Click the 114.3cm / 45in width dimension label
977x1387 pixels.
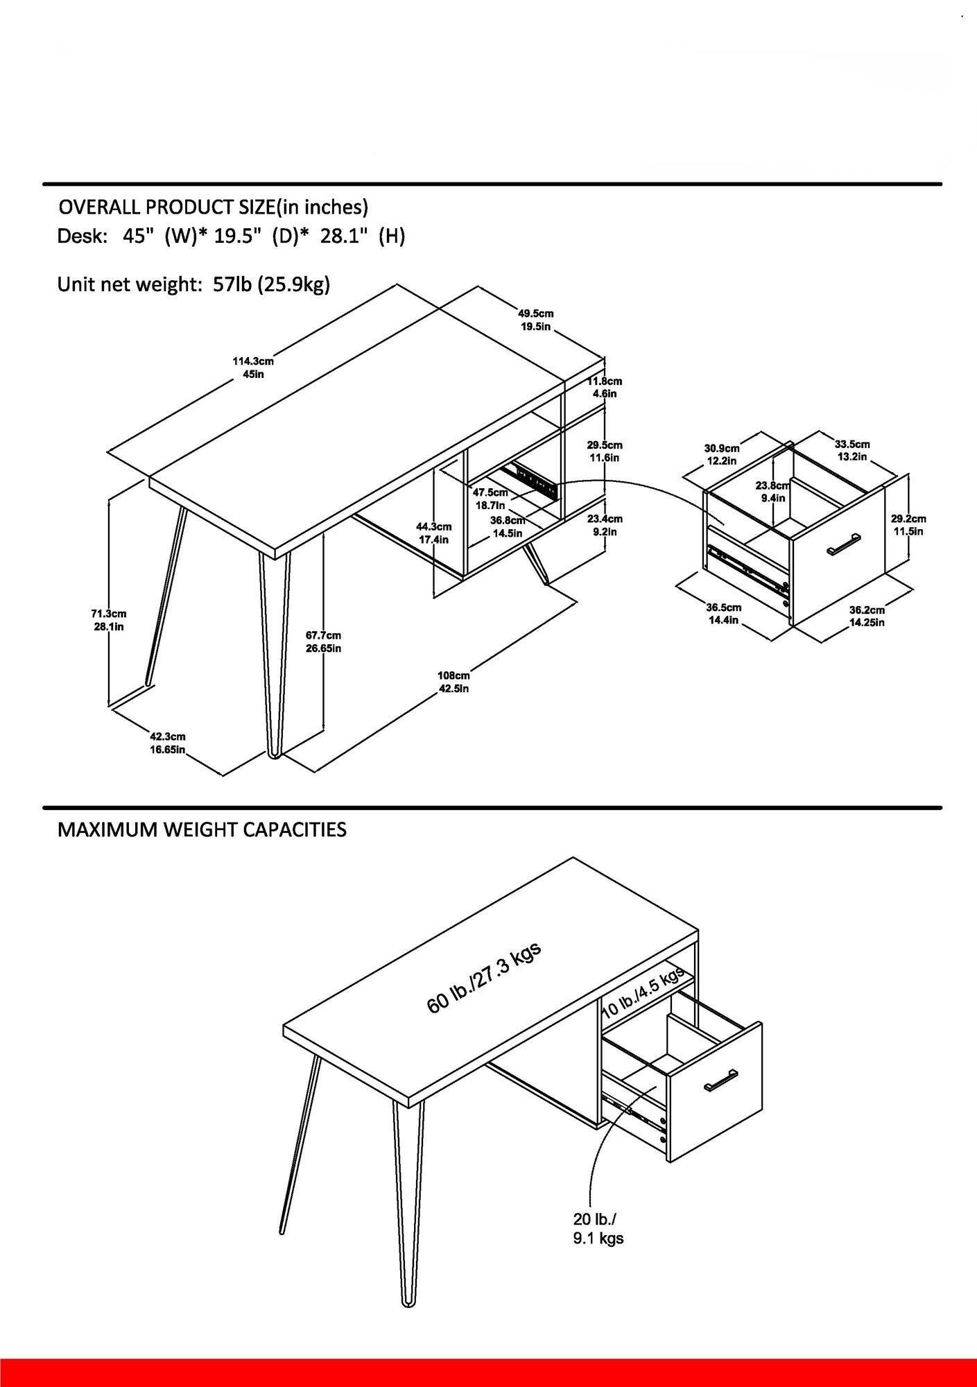tap(252, 368)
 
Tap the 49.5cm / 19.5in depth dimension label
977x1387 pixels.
tap(536, 320)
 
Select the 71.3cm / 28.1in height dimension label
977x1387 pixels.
tap(108, 620)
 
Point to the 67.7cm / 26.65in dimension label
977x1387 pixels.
tap(323, 641)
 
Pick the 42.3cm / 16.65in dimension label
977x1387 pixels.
tap(168, 743)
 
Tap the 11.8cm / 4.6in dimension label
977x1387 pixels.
tap(605, 387)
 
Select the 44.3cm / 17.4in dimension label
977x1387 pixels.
tap(434, 533)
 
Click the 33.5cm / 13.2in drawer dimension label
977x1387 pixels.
tap(851, 450)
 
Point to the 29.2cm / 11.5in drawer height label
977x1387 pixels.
tap(908, 525)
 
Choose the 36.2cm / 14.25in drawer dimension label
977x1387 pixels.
tap(867, 616)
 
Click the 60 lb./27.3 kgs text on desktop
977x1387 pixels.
tap(483, 977)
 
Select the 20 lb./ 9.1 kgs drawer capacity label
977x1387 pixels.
tap(598, 1228)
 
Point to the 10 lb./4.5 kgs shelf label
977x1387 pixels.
tap(644, 993)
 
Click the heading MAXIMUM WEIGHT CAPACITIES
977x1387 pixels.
tap(202, 829)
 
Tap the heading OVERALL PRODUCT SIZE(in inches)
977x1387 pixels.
tap(213, 207)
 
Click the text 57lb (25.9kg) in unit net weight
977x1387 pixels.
tap(271, 284)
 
